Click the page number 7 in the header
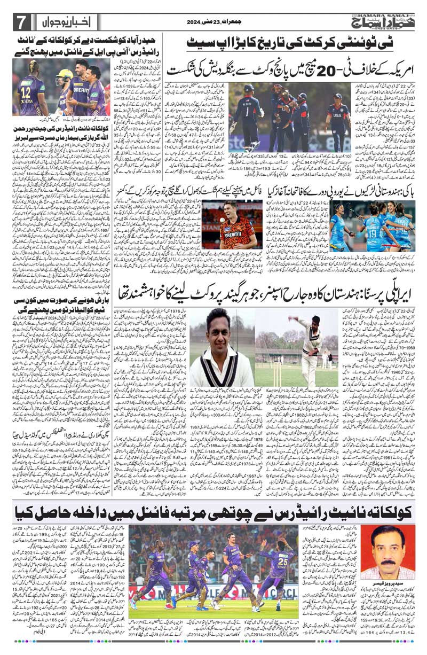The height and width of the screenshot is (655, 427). pos(21,23)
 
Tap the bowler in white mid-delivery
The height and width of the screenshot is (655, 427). pos(309,339)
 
